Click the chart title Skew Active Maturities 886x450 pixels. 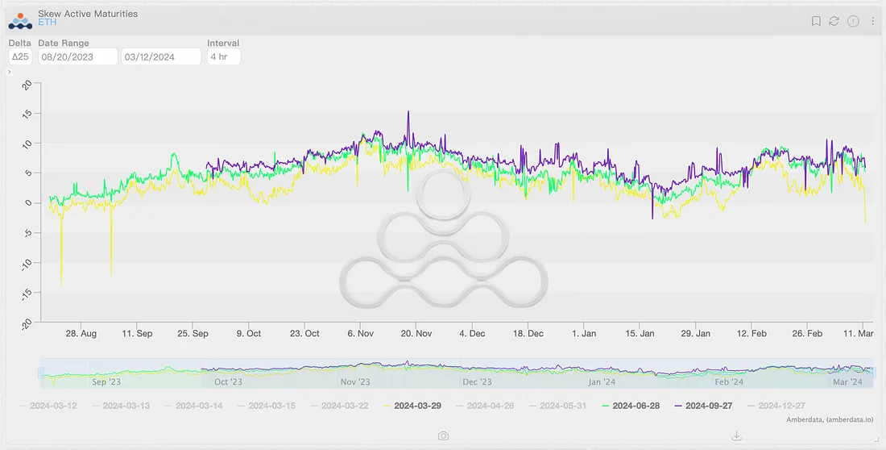pos(88,14)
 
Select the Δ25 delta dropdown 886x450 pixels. pos(20,56)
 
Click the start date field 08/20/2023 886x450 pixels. pos(77,56)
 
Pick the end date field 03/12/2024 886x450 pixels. pos(160,56)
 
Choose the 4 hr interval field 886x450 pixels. pos(223,56)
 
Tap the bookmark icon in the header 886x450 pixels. pos(816,21)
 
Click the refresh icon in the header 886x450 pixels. pos(834,21)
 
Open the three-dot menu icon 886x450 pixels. pos(872,21)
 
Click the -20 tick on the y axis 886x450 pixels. pos(26,323)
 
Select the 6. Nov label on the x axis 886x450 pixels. pos(360,333)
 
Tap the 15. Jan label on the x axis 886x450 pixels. pos(640,333)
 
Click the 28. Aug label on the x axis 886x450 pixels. pos(81,333)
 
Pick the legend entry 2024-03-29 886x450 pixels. pos(418,406)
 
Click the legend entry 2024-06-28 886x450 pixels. pos(636,406)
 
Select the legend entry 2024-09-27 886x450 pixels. pos(709,406)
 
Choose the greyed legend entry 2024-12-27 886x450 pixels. pos(781,406)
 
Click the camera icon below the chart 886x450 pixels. pos(443,435)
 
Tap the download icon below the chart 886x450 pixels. pos(736,435)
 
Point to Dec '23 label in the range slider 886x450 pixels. pos(477,382)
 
